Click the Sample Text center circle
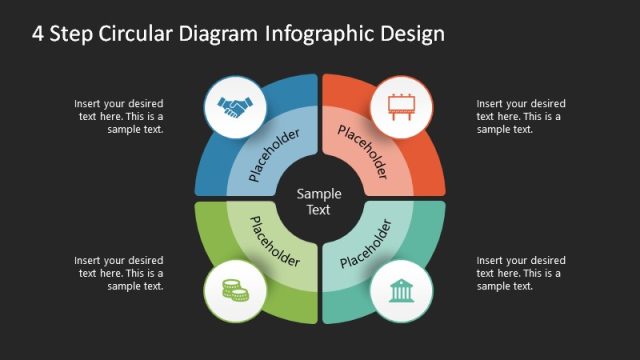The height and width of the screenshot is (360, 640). tap(320, 201)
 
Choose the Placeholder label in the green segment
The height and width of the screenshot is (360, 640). tap(274, 243)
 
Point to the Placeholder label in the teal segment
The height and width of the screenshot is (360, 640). tap(366, 243)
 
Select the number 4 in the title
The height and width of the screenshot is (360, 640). tap(38, 33)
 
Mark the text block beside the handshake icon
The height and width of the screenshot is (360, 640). tap(118, 116)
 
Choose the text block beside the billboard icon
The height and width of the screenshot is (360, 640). tap(519, 116)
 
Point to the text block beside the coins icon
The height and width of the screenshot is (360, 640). tap(118, 273)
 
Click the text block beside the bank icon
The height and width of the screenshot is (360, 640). tap(519, 273)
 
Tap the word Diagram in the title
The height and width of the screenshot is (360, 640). tap(223, 33)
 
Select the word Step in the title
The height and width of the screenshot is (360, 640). tap(72, 33)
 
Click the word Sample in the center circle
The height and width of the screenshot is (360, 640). tap(320, 194)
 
